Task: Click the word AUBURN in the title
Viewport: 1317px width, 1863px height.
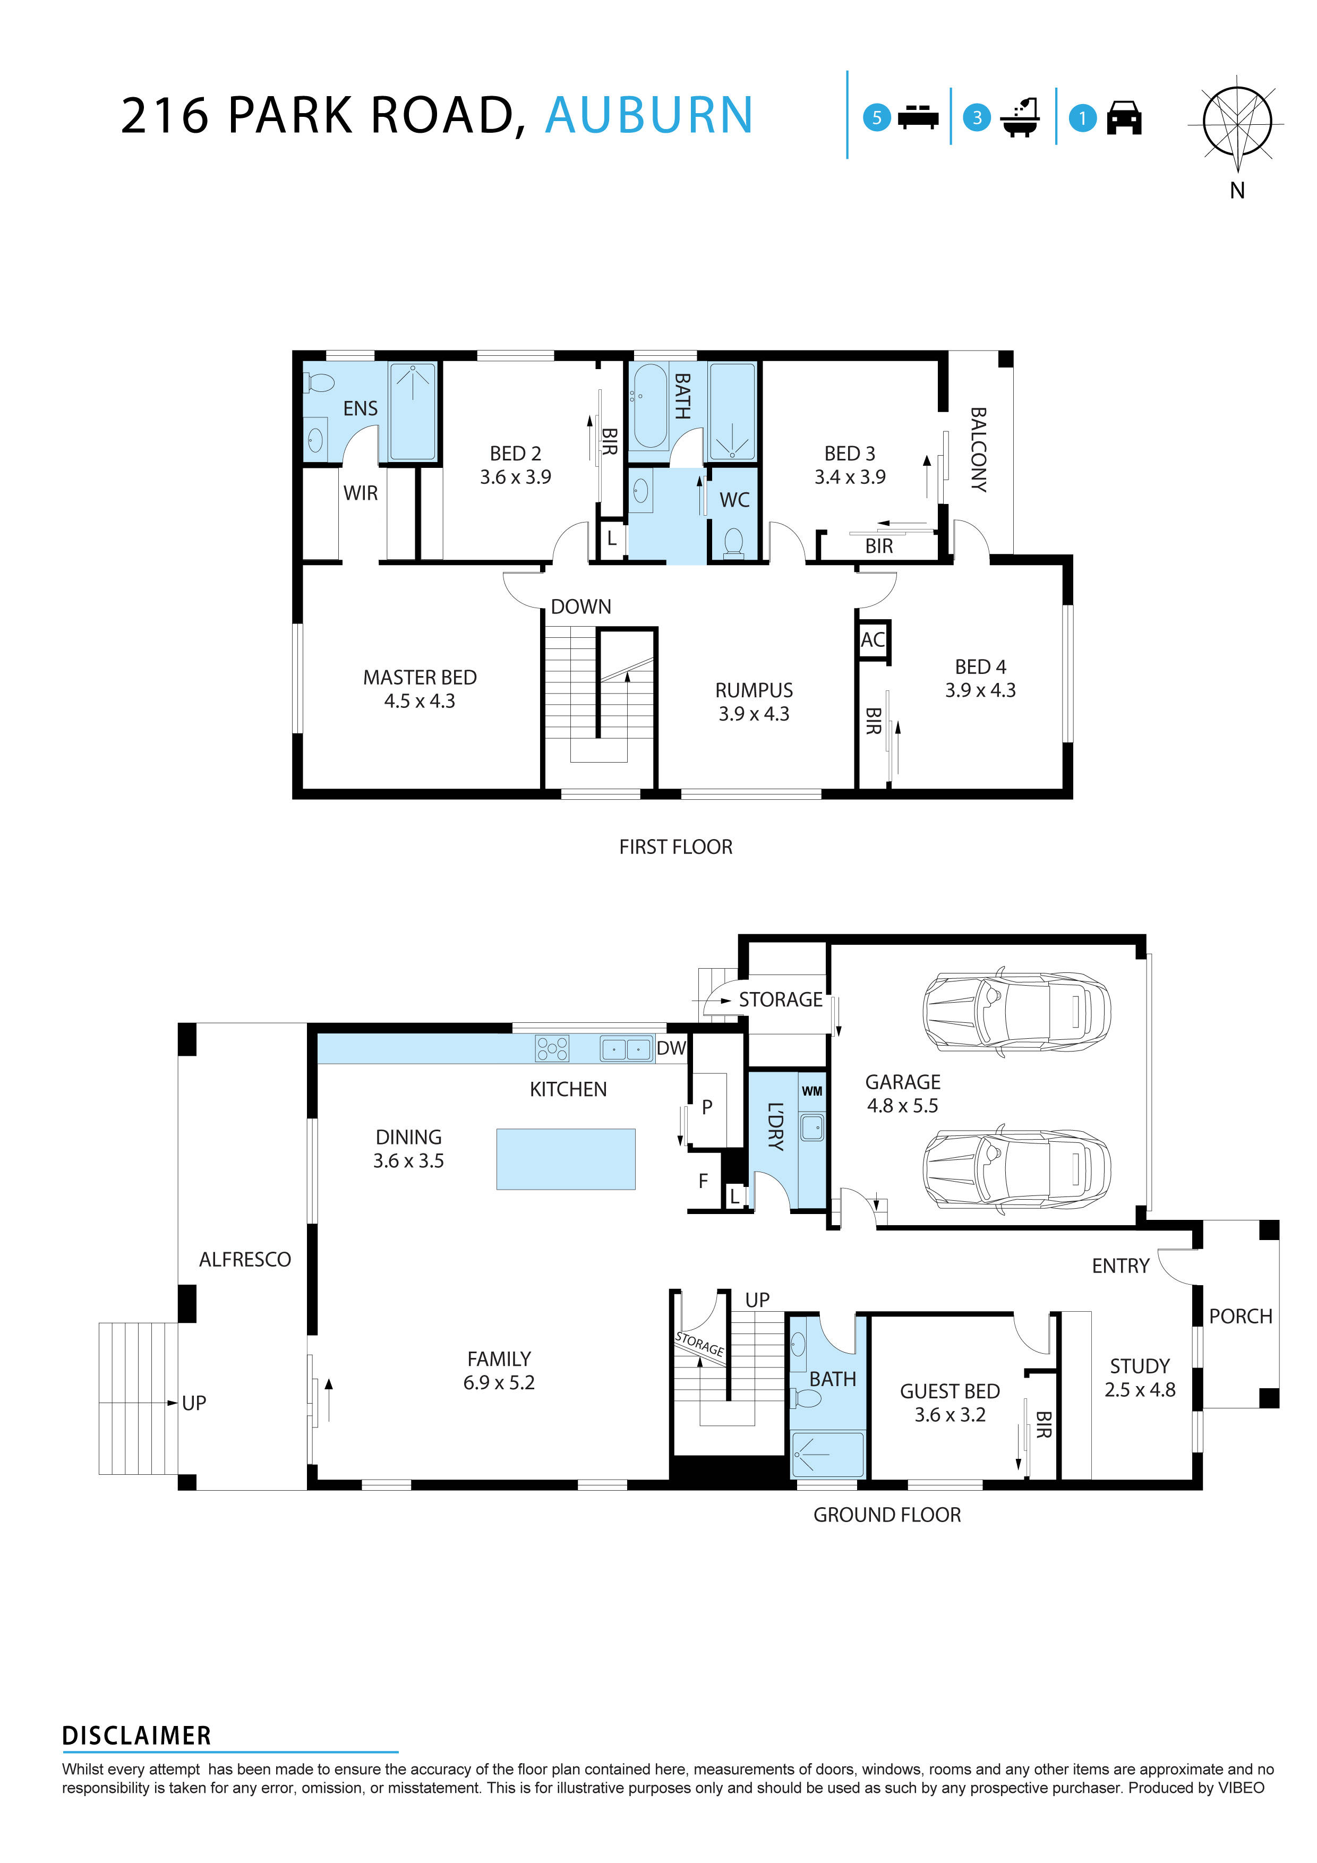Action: pyautogui.click(x=649, y=115)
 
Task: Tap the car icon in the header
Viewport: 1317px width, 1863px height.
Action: pyautogui.click(x=1124, y=118)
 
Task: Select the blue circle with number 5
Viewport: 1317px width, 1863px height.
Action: pyautogui.click(x=876, y=118)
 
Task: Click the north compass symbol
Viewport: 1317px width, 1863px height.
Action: pyautogui.click(x=1237, y=123)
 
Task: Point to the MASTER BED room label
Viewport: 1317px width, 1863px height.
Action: pyautogui.click(x=420, y=688)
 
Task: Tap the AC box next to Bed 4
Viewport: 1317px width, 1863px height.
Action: pyautogui.click(x=873, y=640)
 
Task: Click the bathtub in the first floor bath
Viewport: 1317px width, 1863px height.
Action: pyautogui.click(x=650, y=406)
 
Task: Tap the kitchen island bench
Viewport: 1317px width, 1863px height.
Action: pyautogui.click(x=566, y=1159)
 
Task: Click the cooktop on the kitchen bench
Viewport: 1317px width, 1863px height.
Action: pyautogui.click(x=552, y=1048)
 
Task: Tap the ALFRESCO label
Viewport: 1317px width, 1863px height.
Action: pyautogui.click(x=244, y=1259)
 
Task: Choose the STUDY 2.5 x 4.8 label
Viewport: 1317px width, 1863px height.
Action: pyautogui.click(x=1139, y=1377)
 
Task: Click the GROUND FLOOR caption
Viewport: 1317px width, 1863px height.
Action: pyautogui.click(x=887, y=1515)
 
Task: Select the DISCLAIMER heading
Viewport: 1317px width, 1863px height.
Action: pyautogui.click(x=136, y=1736)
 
